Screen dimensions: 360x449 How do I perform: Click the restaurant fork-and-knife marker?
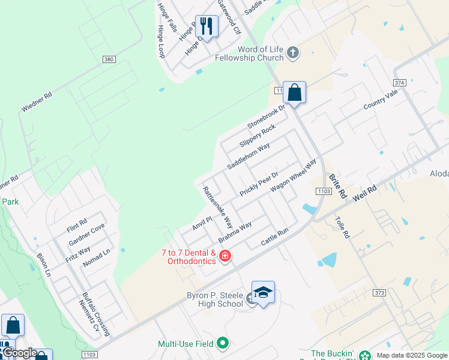click(x=206, y=26)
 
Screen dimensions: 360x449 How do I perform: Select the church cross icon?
click(x=293, y=53)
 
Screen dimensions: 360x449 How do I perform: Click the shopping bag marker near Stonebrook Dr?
click(x=294, y=93)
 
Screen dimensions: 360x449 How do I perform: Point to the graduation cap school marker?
click(x=263, y=293)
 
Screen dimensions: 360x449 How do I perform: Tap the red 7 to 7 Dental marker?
click(x=225, y=257)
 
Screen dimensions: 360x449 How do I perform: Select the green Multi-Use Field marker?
click(x=223, y=344)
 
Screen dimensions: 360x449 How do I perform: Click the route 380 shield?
click(x=109, y=60)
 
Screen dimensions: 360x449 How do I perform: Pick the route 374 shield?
click(x=400, y=82)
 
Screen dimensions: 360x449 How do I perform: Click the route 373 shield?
click(x=379, y=292)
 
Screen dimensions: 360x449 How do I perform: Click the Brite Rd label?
click(x=338, y=186)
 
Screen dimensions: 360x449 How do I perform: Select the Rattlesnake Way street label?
click(x=217, y=206)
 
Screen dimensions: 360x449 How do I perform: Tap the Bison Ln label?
click(x=43, y=264)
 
